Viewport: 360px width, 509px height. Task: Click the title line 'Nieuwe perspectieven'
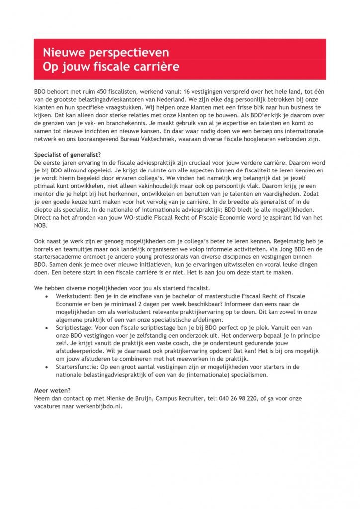[x=105, y=52]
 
